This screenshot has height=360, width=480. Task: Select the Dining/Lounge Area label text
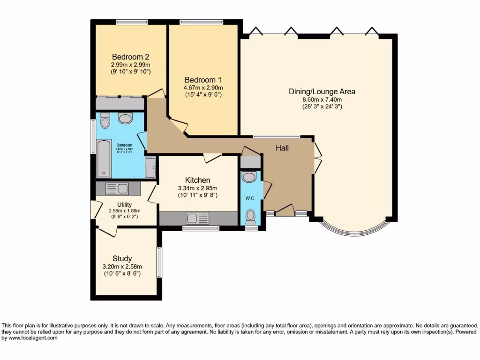[x=322, y=91]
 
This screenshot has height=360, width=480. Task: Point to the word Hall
[x=282, y=148]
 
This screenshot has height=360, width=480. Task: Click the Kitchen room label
[x=197, y=180]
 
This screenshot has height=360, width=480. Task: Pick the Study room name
[x=122, y=258]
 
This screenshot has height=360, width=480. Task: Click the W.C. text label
[x=250, y=198]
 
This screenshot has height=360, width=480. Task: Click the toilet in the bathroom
[x=105, y=121]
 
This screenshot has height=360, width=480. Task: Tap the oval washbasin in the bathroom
[x=125, y=118]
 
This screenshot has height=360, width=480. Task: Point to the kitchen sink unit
[x=197, y=218]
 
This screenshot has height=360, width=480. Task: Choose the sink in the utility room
[x=117, y=189]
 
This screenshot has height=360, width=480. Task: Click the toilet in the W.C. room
[x=251, y=216]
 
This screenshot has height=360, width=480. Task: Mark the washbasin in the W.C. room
[x=249, y=177]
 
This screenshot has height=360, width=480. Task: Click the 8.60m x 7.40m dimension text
[x=322, y=99]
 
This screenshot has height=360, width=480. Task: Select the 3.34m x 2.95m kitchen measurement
[x=197, y=188]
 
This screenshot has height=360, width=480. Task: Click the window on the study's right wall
[x=159, y=262]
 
